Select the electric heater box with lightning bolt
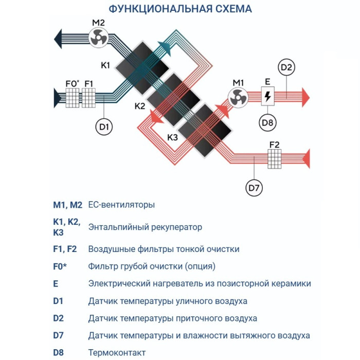click(267, 96)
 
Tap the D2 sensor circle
click(287, 67)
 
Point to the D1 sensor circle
click(104, 127)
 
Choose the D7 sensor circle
click(255, 188)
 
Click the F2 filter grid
click(275, 158)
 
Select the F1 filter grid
click(89, 97)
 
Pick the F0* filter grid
click(73, 97)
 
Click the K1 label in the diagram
click(105, 66)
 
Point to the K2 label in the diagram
click(140, 106)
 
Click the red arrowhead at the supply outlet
click(305, 97)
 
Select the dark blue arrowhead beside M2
click(58, 38)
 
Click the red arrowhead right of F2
click(305, 158)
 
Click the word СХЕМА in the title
click(228, 9)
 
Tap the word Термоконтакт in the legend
click(117, 352)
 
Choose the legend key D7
click(60, 335)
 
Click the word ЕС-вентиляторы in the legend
click(121, 205)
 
